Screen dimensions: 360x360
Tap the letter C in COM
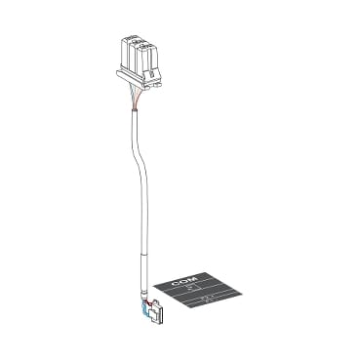click(178, 282)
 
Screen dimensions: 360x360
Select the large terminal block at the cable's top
click(139, 54)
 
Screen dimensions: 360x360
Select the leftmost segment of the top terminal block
click(124, 49)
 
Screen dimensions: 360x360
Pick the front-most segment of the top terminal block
click(152, 60)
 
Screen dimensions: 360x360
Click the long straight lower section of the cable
click(145, 239)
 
